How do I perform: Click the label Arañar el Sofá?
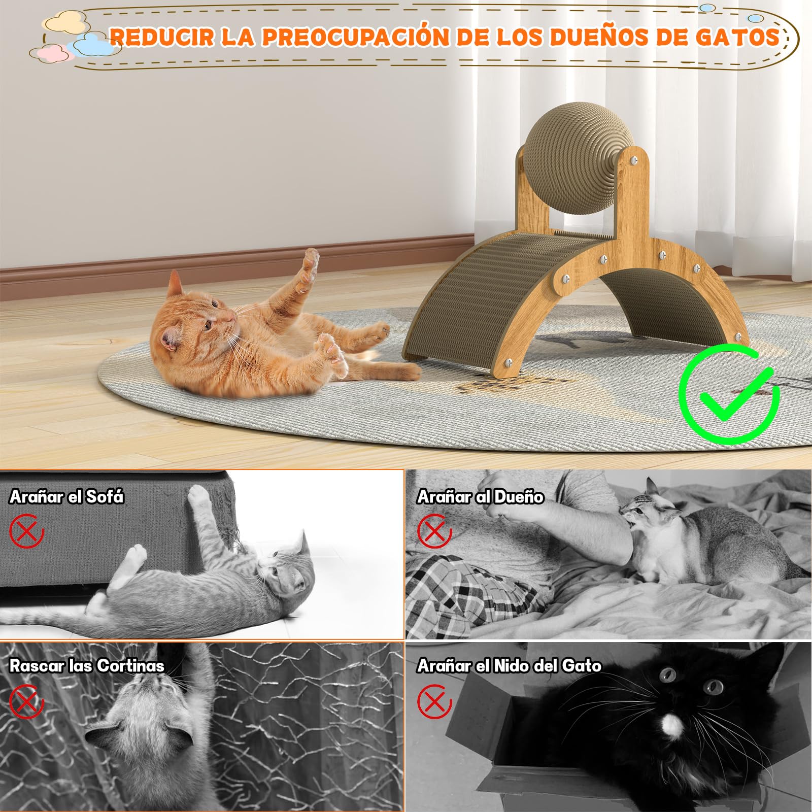[66, 496]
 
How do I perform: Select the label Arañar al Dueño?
[480, 496]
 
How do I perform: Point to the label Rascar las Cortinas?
[87, 665]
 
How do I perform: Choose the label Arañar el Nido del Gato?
[509, 665]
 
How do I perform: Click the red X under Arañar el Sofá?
[26, 531]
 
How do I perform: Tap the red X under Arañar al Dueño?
[434, 531]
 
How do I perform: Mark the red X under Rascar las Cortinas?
[26, 701]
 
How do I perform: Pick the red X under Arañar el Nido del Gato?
[434, 701]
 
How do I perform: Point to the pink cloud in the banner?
[52, 53]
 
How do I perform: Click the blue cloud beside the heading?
[94, 45]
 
